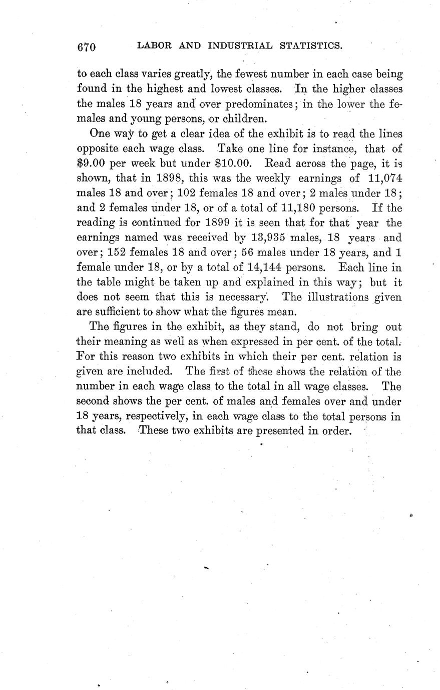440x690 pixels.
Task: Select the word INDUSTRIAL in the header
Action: click(240, 46)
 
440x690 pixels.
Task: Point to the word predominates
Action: click(258, 104)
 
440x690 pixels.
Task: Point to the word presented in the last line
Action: click(279, 430)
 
